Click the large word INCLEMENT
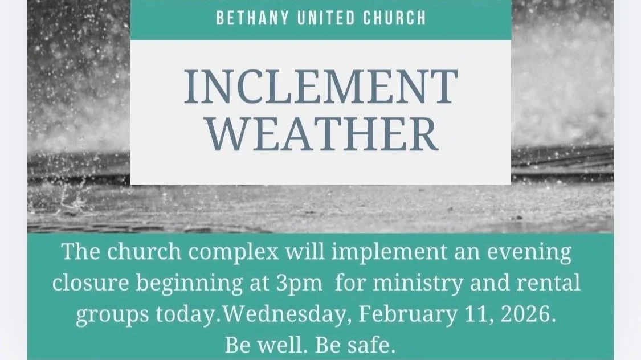tap(321, 87)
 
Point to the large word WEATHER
tap(321, 135)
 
